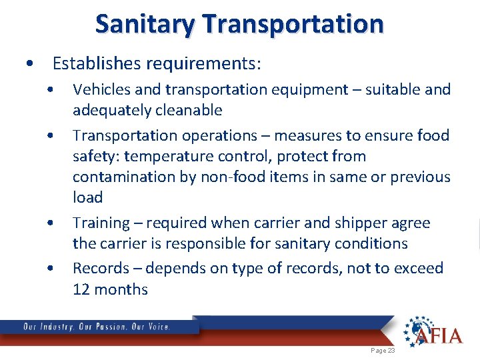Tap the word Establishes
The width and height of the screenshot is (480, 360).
click(94, 64)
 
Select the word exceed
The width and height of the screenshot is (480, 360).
click(414, 268)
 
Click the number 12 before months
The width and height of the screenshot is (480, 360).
click(82, 289)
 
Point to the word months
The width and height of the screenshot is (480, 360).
click(122, 289)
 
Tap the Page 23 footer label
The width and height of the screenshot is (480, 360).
click(382, 350)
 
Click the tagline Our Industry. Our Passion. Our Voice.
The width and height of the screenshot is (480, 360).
click(97, 327)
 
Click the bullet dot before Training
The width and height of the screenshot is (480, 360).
click(51, 223)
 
